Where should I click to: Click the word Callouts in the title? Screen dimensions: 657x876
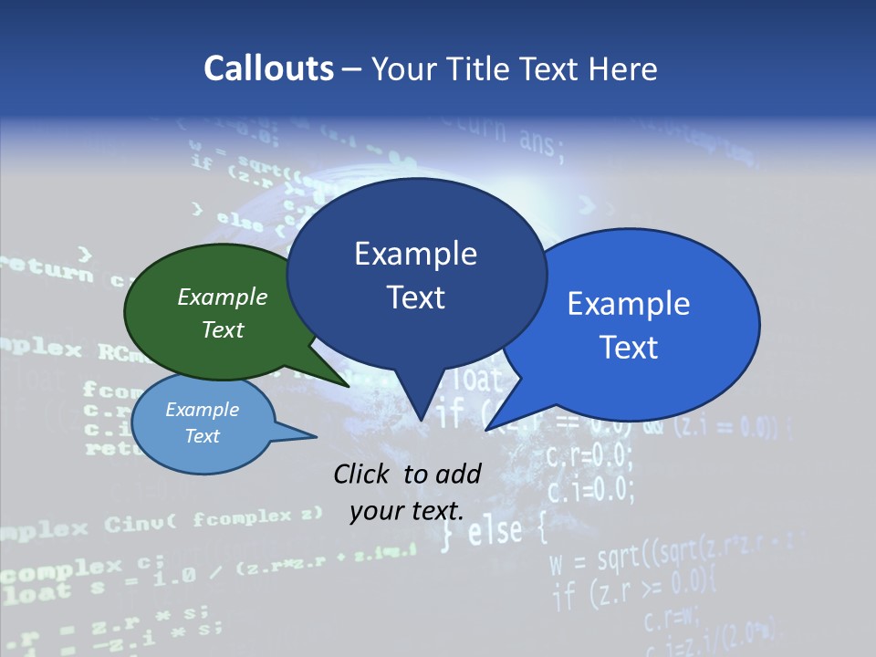point(268,68)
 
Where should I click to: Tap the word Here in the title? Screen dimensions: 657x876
point(625,68)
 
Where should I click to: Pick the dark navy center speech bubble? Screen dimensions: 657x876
point(416,274)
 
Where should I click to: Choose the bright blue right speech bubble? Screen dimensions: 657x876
point(639,324)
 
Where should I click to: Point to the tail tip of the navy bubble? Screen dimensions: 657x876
point(421,419)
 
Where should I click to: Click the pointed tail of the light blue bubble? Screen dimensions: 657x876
point(315,436)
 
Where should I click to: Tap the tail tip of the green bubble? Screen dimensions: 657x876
point(349,387)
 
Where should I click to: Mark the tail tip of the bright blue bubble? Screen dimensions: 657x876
point(486,429)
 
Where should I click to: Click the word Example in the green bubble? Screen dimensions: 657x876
point(223,297)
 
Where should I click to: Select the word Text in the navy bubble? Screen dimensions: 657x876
point(416,297)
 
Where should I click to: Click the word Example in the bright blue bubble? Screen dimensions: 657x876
point(629,304)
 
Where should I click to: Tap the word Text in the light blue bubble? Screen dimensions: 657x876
point(203,436)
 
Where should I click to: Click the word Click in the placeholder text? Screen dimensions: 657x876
point(363,474)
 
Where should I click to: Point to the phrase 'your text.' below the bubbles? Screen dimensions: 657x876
point(407,511)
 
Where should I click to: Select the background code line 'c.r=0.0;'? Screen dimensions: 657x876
point(589,454)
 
